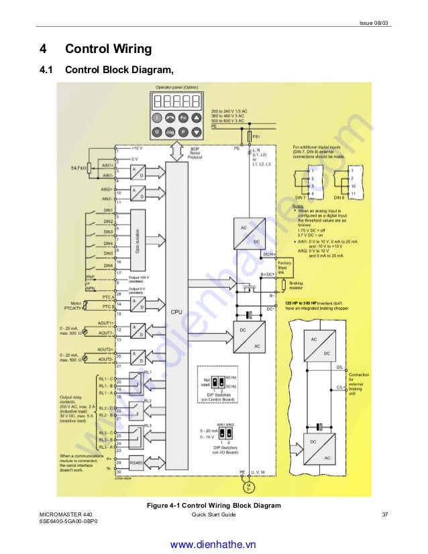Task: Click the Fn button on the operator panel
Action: click(182, 117)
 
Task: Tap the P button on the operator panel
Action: click(182, 131)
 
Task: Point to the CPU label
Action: click(176, 312)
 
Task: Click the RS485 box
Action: click(137, 462)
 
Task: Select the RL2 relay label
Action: click(148, 401)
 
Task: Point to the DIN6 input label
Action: click(107, 266)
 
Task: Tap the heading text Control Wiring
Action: click(108, 49)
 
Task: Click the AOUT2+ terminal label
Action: click(105, 349)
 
